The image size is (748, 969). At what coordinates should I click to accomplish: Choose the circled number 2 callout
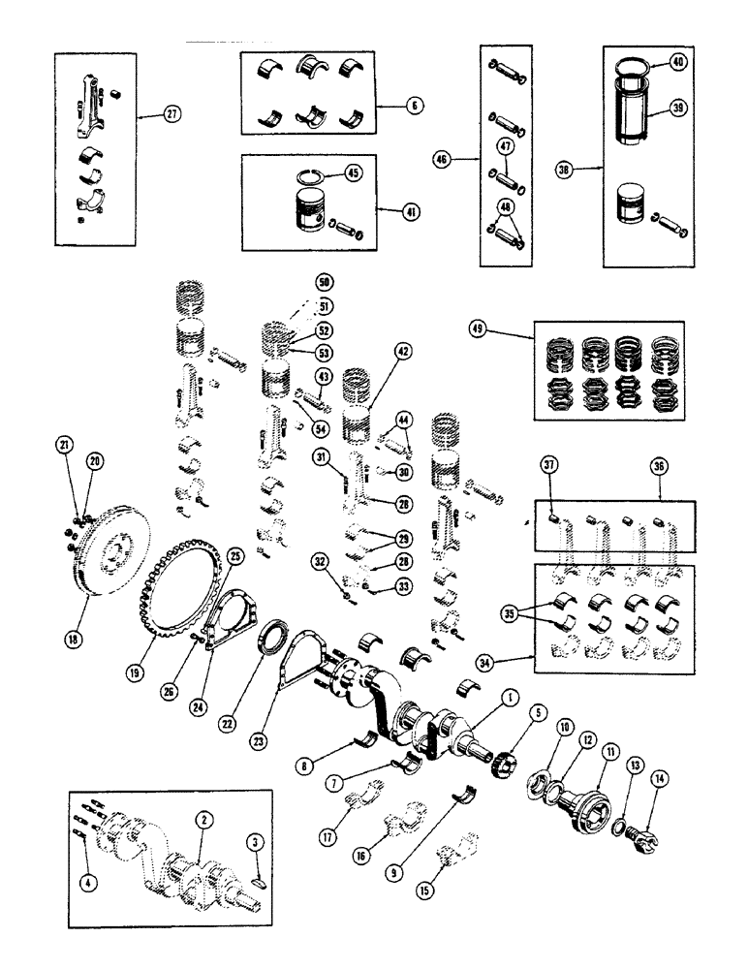(x=202, y=819)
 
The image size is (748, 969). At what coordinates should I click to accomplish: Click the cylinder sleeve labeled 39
(x=640, y=126)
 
